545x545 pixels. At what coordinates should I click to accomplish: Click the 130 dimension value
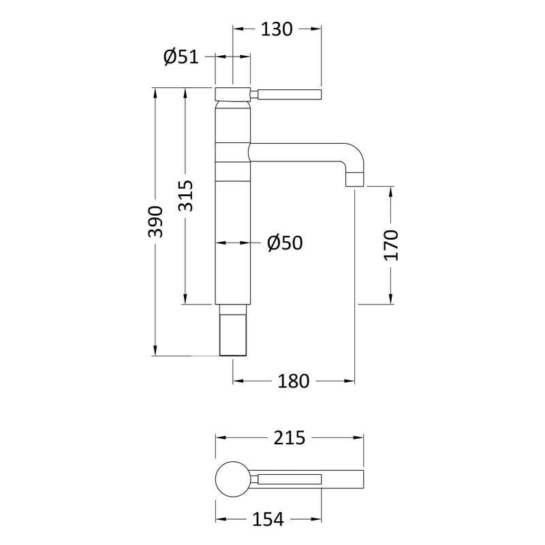point(277,29)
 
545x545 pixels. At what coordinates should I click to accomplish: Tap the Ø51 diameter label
point(181,57)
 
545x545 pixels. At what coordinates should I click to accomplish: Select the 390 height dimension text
point(156,221)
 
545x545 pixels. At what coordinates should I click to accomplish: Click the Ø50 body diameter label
point(285,243)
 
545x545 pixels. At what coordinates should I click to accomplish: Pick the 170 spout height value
point(390,245)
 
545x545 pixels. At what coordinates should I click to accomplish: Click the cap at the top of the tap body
point(233,94)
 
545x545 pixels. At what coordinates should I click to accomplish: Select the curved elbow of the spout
point(355,155)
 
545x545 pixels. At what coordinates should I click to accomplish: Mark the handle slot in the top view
point(289,478)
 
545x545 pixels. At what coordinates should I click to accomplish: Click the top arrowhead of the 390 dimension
point(156,93)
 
